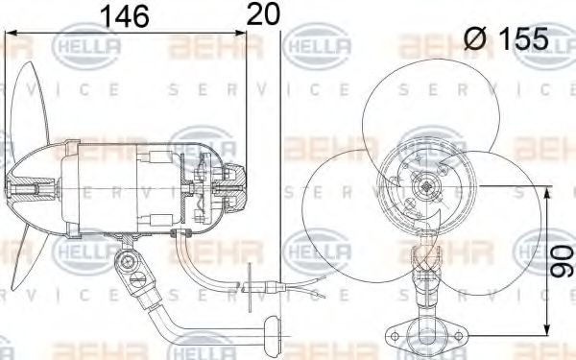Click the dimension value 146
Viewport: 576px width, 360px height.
129,16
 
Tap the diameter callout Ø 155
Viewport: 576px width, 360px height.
506,38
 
